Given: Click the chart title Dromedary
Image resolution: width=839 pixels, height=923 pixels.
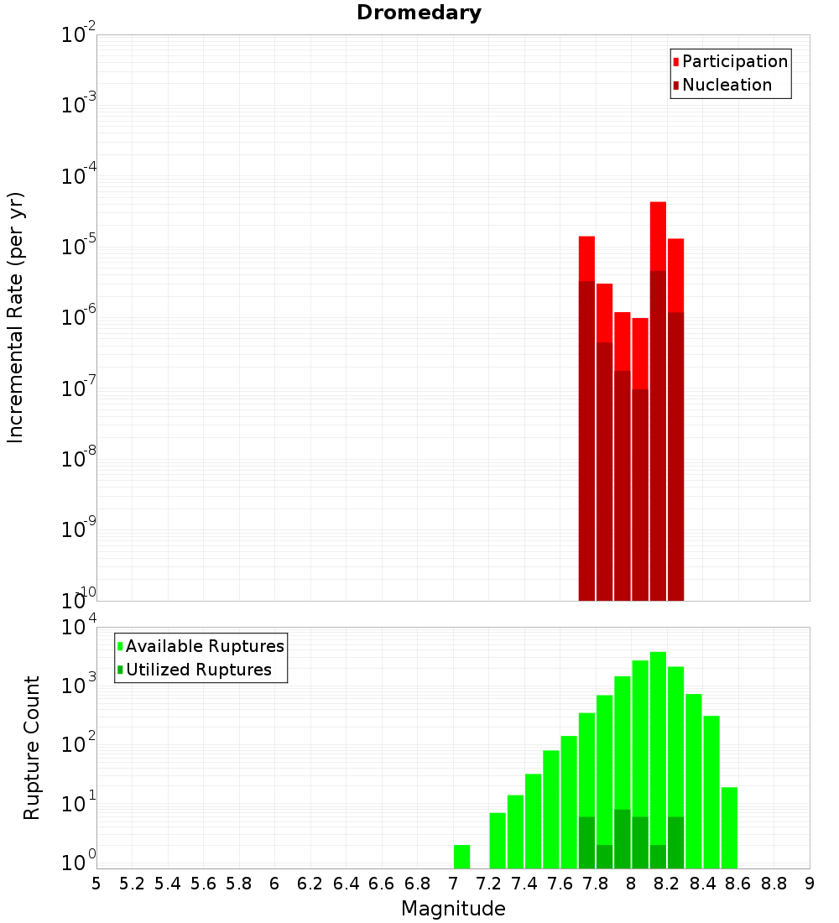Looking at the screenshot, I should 419,13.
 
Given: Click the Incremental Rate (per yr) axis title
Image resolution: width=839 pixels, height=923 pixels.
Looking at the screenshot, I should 16,317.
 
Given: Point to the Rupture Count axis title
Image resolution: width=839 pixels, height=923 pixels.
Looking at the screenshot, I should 32,747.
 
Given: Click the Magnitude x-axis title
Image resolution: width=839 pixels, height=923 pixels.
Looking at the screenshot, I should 453,909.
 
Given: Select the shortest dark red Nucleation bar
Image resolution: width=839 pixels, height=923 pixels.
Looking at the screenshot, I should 640,495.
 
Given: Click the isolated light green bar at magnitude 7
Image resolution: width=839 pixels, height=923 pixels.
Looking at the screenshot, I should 461,857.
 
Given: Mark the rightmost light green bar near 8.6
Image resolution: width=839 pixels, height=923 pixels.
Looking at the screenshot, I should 729,827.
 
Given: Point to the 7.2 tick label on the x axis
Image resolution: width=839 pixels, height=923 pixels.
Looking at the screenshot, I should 489,884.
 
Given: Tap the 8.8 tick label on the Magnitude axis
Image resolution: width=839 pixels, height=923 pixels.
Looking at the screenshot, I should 774,884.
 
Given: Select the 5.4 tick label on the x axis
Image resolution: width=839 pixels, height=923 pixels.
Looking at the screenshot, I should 168,884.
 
